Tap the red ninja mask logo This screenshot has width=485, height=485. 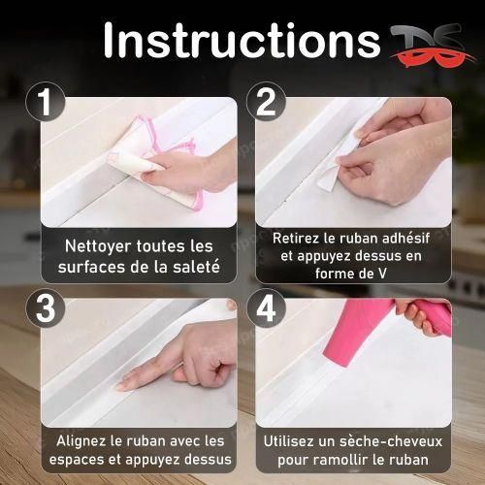pos(421,44)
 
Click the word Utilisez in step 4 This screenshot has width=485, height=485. pos(292,440)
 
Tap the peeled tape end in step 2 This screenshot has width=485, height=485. pos(329,178)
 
